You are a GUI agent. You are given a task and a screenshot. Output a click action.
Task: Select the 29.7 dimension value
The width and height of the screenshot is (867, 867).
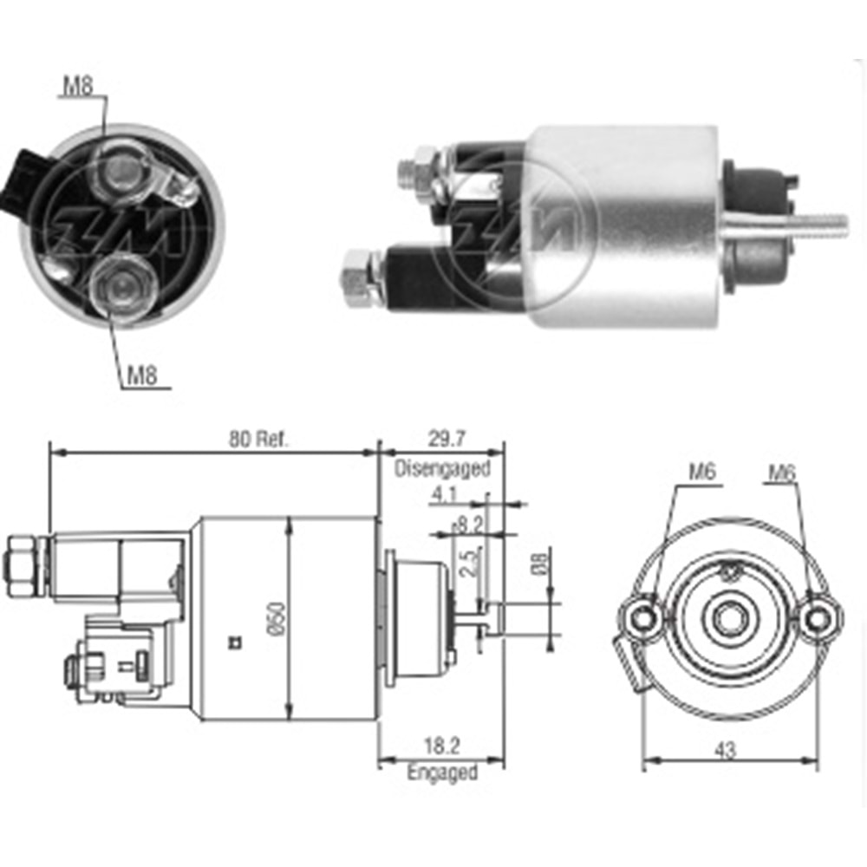[442, 440]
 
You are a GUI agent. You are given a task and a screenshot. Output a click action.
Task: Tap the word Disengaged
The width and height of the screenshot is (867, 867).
[442, 469]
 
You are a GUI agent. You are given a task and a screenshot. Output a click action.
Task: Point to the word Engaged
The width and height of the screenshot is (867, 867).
[442, 772]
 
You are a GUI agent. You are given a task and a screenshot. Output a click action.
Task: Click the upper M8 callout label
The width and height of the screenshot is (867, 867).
[79, 85]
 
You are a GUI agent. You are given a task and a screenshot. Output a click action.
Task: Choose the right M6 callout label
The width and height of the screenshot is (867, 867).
[783, 473]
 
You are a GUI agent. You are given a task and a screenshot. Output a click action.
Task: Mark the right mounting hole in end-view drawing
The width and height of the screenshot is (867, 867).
[818, 617]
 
